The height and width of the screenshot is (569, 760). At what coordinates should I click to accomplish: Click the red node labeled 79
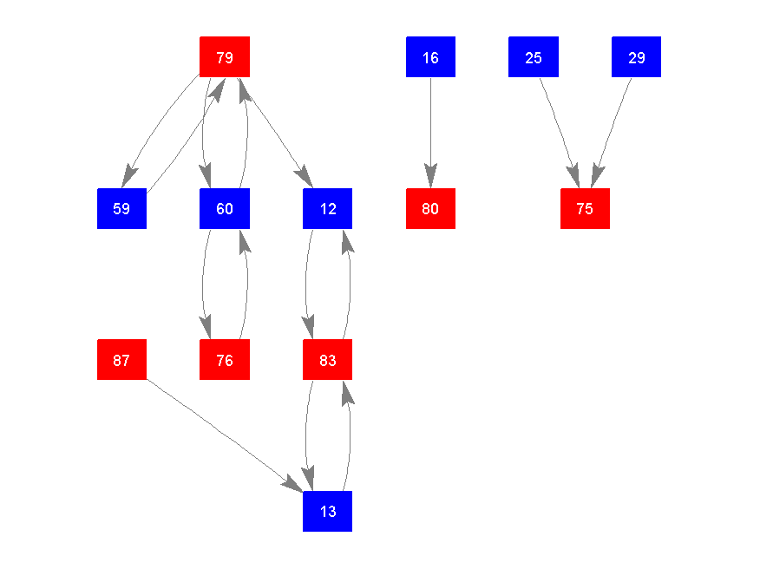coord(225,57)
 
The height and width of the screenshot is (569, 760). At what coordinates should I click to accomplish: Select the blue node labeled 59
coord(121,208)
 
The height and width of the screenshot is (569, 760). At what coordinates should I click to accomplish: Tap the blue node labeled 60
coord(225,208)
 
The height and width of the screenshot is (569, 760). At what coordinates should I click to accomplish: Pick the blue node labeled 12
coord(327,208)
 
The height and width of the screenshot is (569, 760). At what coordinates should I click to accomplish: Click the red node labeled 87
coord(121,360)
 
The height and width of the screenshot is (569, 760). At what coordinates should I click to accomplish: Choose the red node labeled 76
coord(225,360)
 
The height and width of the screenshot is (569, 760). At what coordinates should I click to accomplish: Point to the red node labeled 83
coord(327,360)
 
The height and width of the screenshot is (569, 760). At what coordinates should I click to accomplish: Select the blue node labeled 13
coord(327,511)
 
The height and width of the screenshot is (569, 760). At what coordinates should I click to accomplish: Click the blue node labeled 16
coord(430,57)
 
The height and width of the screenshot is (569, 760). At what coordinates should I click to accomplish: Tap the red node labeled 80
coord(430,208)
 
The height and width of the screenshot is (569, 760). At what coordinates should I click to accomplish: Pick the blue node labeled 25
coord(534,57)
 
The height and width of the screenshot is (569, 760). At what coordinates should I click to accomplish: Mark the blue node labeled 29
coord(636,57)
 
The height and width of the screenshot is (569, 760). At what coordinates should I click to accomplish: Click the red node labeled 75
coord(585,208)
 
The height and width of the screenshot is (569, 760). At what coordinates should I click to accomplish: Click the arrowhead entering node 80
coord(430,177)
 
